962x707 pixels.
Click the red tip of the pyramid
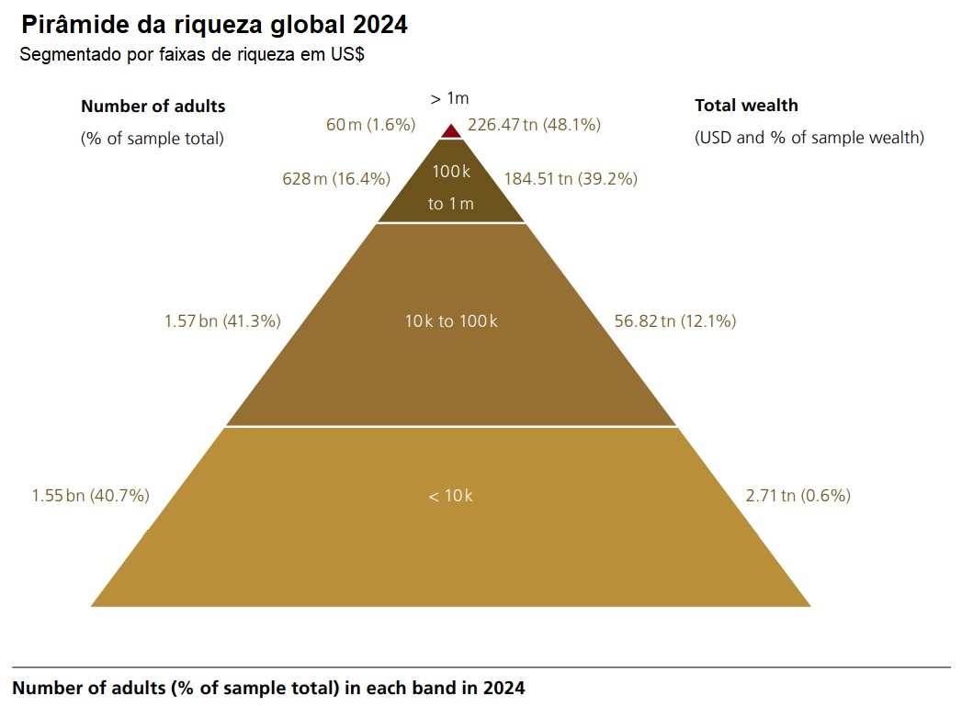tap(451, 131)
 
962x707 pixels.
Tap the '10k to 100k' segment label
tap(451, 321)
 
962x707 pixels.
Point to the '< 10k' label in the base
tap(450, 496)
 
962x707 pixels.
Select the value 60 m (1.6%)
tap(371, 124)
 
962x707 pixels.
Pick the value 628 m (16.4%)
tap(336, 179)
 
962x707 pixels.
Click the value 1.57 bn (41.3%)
tap(222, 321)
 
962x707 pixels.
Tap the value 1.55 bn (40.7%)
tap(90, 496)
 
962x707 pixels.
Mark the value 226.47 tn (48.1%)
tap(534, 124)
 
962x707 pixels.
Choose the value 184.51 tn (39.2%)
tap(571, 179)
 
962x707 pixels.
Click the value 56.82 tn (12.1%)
tap(674, 321)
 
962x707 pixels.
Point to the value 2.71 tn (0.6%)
tap(798, 496)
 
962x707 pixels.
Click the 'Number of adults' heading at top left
tap(153, 106)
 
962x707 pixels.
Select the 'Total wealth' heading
tap(746, 106)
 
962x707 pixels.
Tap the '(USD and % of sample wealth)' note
tap(809, 139)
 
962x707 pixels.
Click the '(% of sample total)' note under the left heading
tap(153, 139)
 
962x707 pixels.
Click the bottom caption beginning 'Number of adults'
tap(268, 688)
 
